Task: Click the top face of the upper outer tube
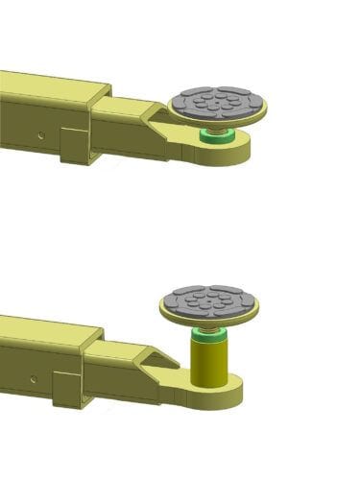point(48,86)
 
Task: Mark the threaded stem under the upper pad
point(213,129)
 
